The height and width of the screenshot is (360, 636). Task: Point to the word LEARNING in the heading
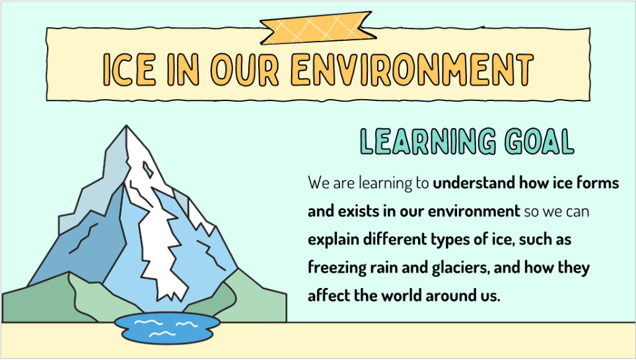tap(428, 141)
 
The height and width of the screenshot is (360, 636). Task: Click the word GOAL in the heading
tap(539, 141)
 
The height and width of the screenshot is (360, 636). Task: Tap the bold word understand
tap(474, 183)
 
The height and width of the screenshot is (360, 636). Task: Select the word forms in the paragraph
tap(597, 183)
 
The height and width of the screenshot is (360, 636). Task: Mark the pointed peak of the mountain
tap(127, 129)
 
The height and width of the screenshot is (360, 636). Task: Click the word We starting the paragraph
tap(318, 183)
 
